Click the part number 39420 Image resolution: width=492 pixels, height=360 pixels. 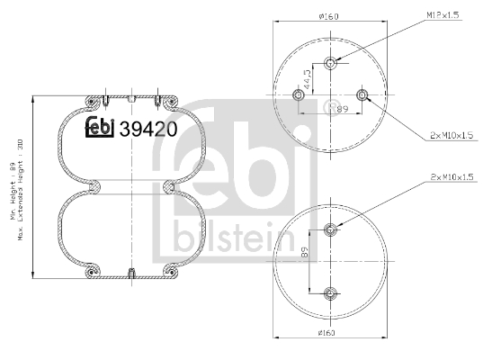point(148,129)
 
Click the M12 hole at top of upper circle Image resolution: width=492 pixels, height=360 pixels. point(330,62)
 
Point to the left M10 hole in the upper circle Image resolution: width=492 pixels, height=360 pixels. point(298,95)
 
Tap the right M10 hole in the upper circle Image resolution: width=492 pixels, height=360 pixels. point(362,95)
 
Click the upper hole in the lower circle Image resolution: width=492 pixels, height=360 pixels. point(330,229)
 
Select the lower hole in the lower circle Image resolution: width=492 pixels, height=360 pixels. point(330,292)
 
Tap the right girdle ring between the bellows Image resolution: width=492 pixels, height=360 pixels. point(168,186)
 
